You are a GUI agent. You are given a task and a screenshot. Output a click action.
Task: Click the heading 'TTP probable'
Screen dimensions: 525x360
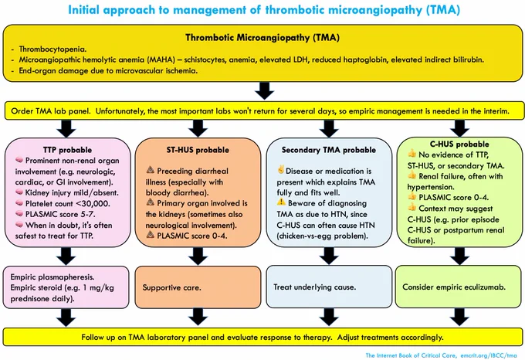(x=67, y=150)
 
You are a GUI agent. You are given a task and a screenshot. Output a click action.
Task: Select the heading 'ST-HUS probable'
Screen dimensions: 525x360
(x=198, y=150)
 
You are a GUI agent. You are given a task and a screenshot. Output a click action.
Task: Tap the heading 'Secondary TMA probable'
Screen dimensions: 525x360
(x=329, y=150)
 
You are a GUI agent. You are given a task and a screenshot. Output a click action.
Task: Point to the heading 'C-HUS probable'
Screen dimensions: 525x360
(x=459, y=144)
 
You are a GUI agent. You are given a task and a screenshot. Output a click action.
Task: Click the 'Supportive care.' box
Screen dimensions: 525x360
(x=198, y=287)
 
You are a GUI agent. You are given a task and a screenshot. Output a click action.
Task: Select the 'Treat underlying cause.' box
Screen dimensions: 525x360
(x=329, y=287)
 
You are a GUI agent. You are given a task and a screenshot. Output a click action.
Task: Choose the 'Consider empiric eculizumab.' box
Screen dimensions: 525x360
(x=459, y=287)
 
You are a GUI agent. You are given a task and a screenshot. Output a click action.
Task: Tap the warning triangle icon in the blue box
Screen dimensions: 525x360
(x=281, y=202)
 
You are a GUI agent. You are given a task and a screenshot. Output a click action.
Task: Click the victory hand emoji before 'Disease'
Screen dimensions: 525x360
(x=280, y=169)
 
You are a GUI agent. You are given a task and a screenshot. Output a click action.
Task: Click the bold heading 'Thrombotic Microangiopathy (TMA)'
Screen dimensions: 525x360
(x=262, y=37)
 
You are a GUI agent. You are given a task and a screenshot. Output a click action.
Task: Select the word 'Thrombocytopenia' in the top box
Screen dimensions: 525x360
(x=52, y=49)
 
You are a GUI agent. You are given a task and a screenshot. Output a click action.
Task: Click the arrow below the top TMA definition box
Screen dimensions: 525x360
(x=265, y=90)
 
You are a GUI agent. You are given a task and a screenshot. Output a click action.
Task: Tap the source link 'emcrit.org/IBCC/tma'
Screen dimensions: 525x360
(x=489, y=355)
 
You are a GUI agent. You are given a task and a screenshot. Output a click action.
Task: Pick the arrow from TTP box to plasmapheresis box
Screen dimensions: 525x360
(x=66, y=256)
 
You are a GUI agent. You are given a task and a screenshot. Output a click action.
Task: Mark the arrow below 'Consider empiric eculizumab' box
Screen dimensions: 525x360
(x=459, y=317)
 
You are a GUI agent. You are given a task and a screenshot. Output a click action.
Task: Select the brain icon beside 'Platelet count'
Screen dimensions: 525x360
(x=19, y=203)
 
